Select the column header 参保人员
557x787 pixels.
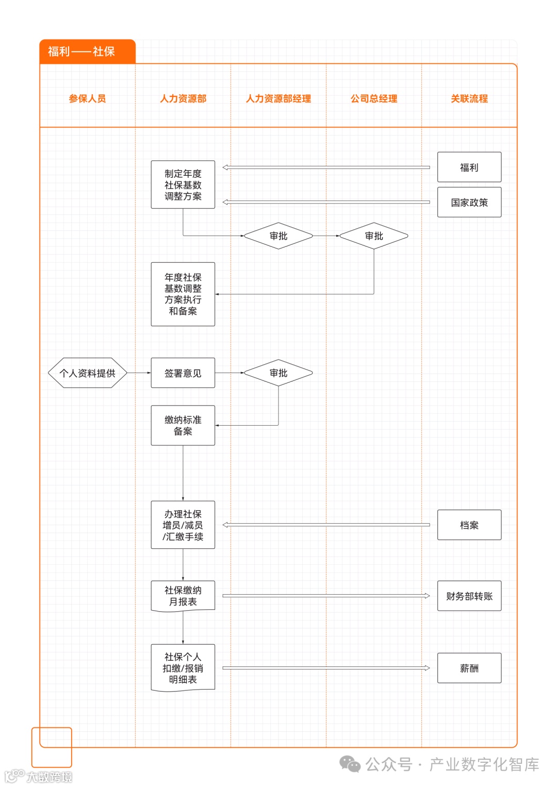point(87,98)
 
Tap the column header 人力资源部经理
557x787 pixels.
point(278,98)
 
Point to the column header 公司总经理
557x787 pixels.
point(374,98)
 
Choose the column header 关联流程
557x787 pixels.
point(469,98)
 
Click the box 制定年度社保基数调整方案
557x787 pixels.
point(183,185)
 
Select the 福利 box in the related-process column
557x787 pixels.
point(469,167)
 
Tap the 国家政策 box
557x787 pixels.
point(469,202)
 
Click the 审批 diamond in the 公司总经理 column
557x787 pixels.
point(374,236)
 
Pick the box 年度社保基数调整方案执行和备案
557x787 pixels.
point(183,294)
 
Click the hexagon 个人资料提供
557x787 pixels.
point(87,373)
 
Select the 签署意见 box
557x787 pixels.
point(183,373)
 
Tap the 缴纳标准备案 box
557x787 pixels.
point(183,425)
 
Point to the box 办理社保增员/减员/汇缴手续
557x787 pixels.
point(183,525)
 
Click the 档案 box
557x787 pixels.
point(469,525)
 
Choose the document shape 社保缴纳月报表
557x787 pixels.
point(183,596)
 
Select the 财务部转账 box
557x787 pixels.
point(469,596)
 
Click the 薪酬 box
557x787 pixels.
point(469,668)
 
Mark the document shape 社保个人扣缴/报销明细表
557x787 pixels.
point(183,668)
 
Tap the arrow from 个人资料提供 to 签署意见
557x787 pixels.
point(139,373)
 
